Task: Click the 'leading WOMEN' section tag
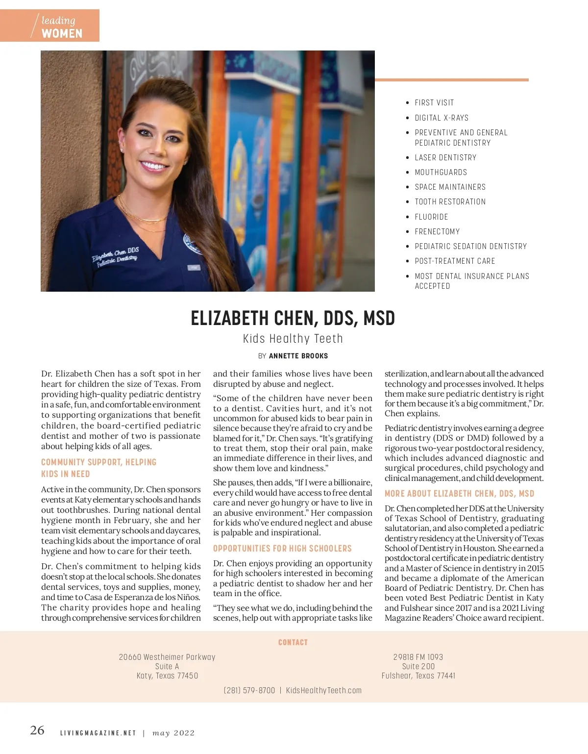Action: (x=59, y=26)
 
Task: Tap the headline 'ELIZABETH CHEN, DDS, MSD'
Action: (x=293, y=319)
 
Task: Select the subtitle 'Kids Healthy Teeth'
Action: (x=293, y=339)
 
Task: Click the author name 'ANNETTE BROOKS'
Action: (x=298, y=356)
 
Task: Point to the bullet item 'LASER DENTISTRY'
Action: (x=445, y=157)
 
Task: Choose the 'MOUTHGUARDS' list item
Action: (x=441, y=172)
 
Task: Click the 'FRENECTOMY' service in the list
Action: (x=437, y=231)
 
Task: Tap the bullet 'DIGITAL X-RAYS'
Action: (x=441, y=118)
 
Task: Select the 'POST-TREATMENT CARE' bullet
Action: (x=455, y=261)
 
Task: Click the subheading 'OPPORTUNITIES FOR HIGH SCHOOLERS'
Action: (x=282, y=549)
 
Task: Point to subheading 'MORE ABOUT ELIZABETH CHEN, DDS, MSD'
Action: (x=459, y=494)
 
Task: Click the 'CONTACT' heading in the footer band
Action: (x=293, y=642)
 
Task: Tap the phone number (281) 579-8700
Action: (x=249, y=690)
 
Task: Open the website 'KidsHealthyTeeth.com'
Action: (x=323, y=690)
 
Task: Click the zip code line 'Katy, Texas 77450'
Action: (x=167, y=676)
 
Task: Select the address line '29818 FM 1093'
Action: (x=418, y=657)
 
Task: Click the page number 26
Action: (x=37, y=730)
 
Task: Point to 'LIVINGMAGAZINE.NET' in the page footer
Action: (x=98, y=733)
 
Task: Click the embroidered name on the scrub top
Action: (x=116, y=256)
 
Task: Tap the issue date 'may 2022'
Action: (x=173, y=733)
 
